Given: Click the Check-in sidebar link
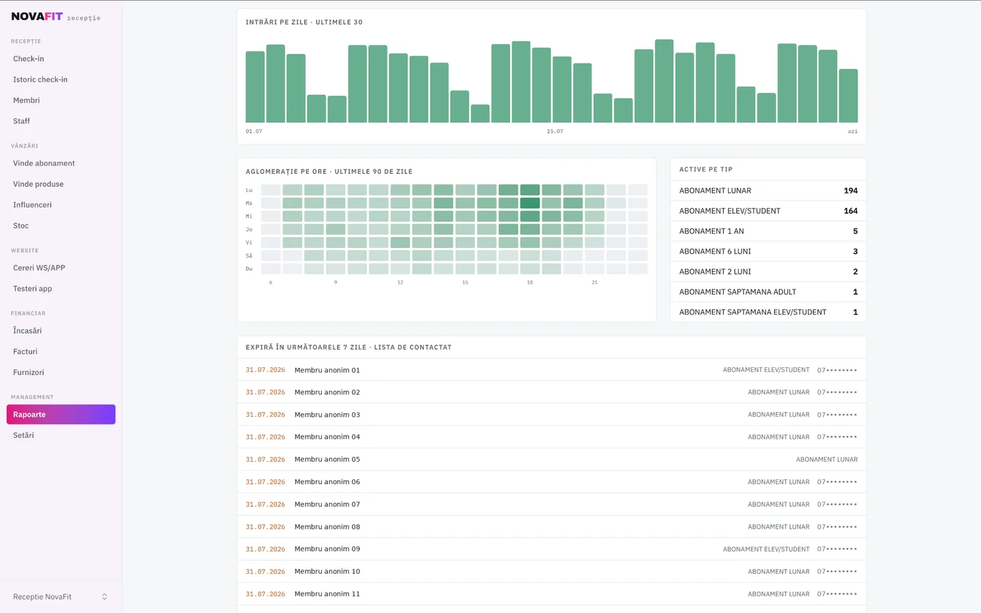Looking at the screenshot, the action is (29, 59).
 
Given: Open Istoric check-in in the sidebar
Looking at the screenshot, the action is (41, 79).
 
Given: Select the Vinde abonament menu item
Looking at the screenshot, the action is (43, 163).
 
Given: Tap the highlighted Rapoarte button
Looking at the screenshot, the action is (61, 414).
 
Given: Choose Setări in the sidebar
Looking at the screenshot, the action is (23, 435).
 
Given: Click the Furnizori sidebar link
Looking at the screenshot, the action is (29, 372).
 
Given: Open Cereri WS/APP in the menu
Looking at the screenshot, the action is (39, 268).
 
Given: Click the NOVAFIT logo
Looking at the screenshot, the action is (36, 17).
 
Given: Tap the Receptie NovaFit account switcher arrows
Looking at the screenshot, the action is (104, 597).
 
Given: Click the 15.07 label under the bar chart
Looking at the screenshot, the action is (555, 132).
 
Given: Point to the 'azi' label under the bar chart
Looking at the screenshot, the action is (853, 132).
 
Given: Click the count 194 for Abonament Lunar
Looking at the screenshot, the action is (851, 191).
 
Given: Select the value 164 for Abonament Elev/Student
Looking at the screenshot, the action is (851, 211).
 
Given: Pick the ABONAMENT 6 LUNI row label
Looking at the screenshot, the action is (715, 252).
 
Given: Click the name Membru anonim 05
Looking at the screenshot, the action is (327, 460).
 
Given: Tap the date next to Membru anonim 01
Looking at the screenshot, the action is (265, 370).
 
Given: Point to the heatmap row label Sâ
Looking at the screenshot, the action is (249, 256).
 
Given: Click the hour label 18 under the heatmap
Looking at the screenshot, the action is (530, 282).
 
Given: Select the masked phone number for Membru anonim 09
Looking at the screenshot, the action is (837, 549).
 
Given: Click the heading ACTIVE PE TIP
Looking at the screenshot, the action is (706, 170).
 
